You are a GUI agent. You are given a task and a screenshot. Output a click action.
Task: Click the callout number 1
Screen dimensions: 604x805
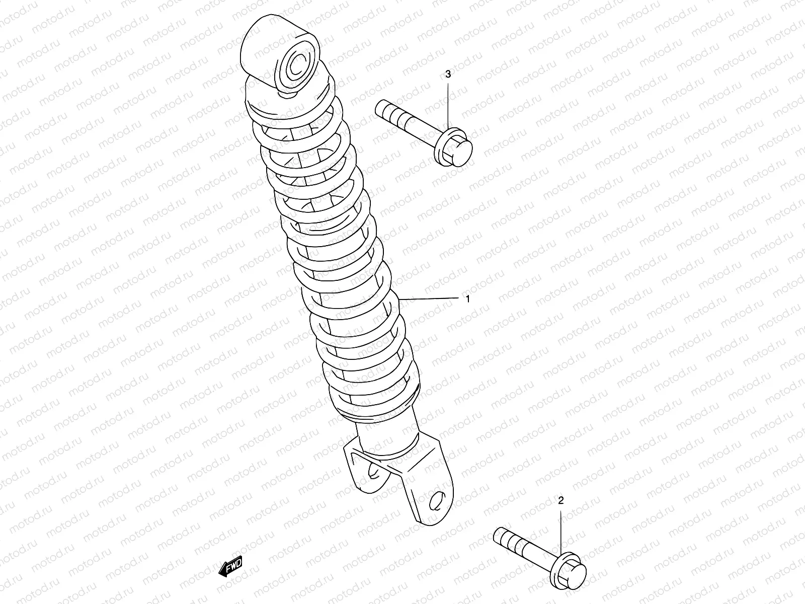coord(467,299)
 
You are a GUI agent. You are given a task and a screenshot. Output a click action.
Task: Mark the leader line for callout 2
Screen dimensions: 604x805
coord(561,534)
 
